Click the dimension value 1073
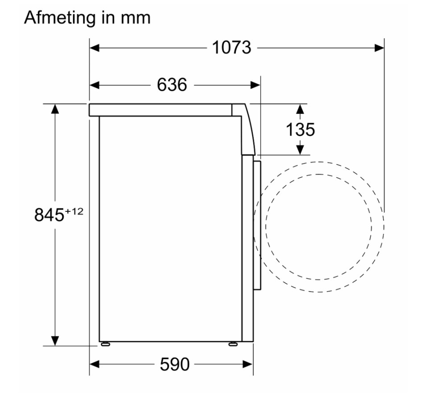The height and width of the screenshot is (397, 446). coord(231,47)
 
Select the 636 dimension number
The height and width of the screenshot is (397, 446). coord(172,85)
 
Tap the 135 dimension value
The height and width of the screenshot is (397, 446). coord(300,130)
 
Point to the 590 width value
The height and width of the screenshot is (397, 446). coord(174,364)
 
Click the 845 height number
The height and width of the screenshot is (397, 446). coord(49,215)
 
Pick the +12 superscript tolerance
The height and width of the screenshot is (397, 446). coord(74,212)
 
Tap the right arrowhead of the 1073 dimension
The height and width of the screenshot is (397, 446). coord(380,48)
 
